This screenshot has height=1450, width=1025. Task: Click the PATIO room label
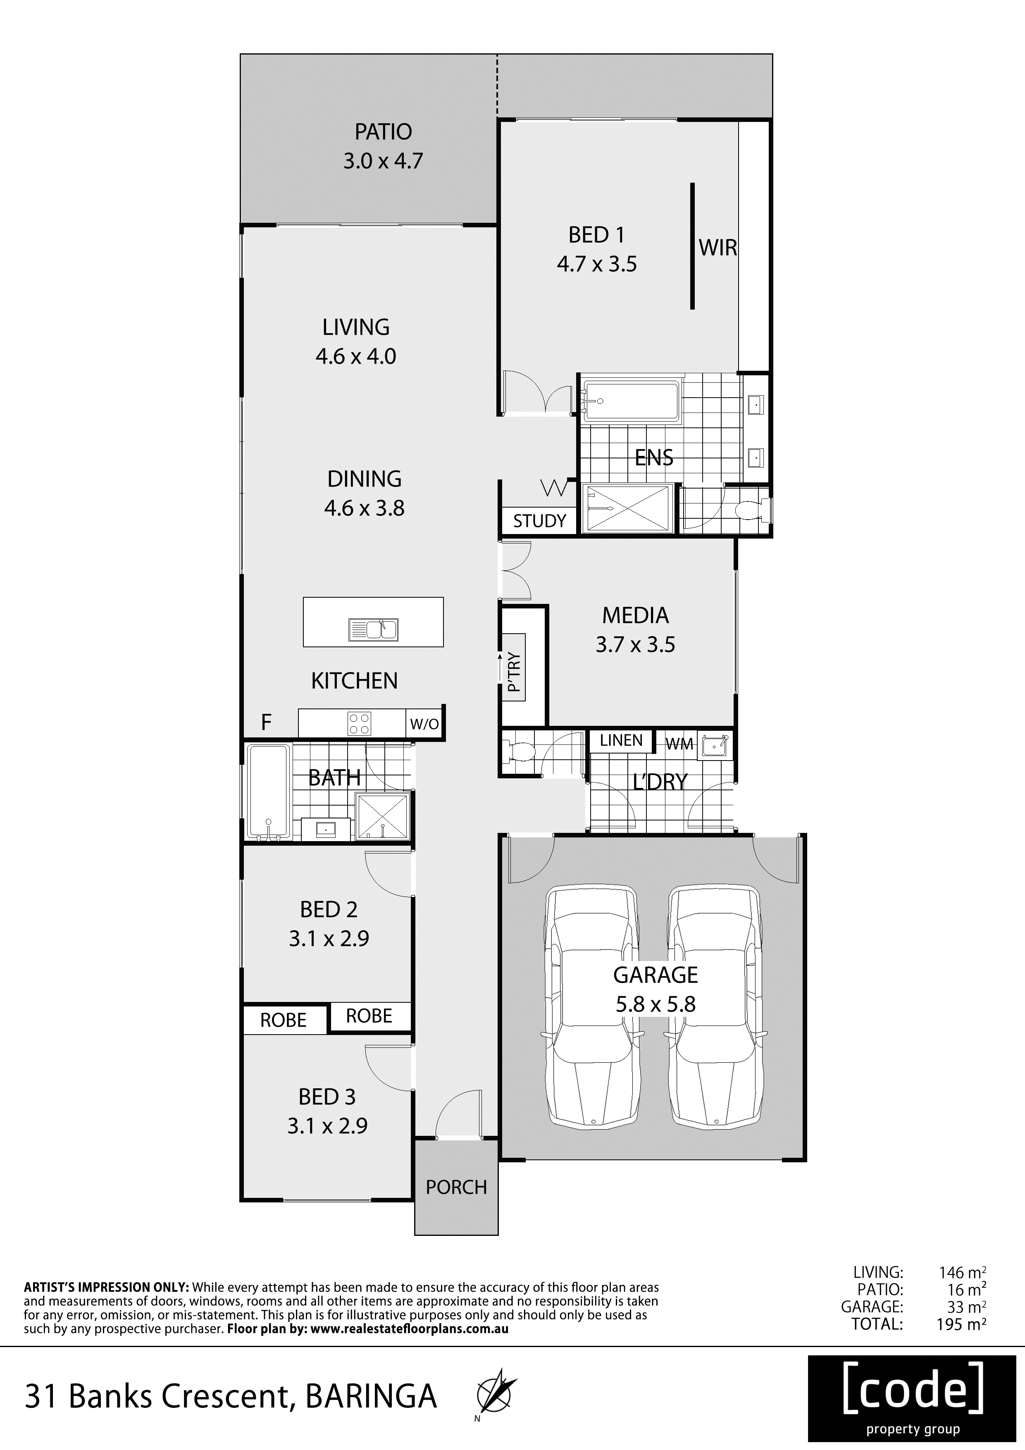click(384, 132)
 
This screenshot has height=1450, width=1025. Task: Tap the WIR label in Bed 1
click(718, 248)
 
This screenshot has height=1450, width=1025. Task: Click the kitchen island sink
click(373, 630)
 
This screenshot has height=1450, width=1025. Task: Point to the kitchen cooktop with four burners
click(359, 723)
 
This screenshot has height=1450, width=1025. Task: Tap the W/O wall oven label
click(424, 724)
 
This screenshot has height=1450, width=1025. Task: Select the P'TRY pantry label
click(515, 672)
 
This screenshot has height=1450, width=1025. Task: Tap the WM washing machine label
click(679, 744)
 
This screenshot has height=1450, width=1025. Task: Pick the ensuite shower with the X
click(628, 508)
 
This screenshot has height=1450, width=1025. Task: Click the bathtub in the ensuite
click(632, 401)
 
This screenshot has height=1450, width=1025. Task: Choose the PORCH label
click(456, 1187)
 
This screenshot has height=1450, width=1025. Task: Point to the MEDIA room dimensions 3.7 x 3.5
click(635, 645)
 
